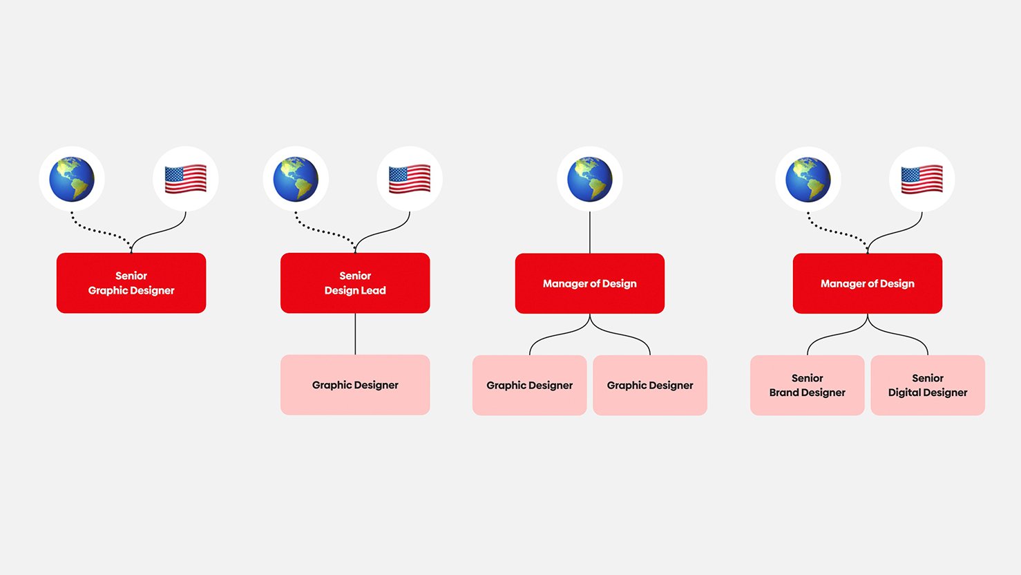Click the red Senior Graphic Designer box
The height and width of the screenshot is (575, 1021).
coord(131,283)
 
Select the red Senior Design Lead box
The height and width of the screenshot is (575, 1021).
coord(355,283)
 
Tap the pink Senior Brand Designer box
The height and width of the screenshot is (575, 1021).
coord(807,385)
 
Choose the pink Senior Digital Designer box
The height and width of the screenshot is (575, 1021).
coord(927,385)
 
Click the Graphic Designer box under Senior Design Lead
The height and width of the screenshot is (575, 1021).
coord(355,385)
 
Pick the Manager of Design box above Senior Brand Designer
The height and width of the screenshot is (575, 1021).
coord(867,283)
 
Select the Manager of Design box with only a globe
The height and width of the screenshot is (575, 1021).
coord(589,283)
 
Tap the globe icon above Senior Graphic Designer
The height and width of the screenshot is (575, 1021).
coord(72,179)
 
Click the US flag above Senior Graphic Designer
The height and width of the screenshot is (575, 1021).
coord(185,179)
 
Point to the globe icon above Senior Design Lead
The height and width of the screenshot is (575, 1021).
coord(296,179)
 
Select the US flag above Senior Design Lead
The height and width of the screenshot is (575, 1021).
coord(409,179)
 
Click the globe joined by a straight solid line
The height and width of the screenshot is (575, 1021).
coord(589,179)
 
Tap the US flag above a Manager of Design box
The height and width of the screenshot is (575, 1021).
coord(922,179)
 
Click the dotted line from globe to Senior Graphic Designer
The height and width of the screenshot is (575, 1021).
coord(97,231)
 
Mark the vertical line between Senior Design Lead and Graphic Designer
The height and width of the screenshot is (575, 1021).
coord(355,334)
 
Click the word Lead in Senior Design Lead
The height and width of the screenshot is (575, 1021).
coord(374,290)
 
